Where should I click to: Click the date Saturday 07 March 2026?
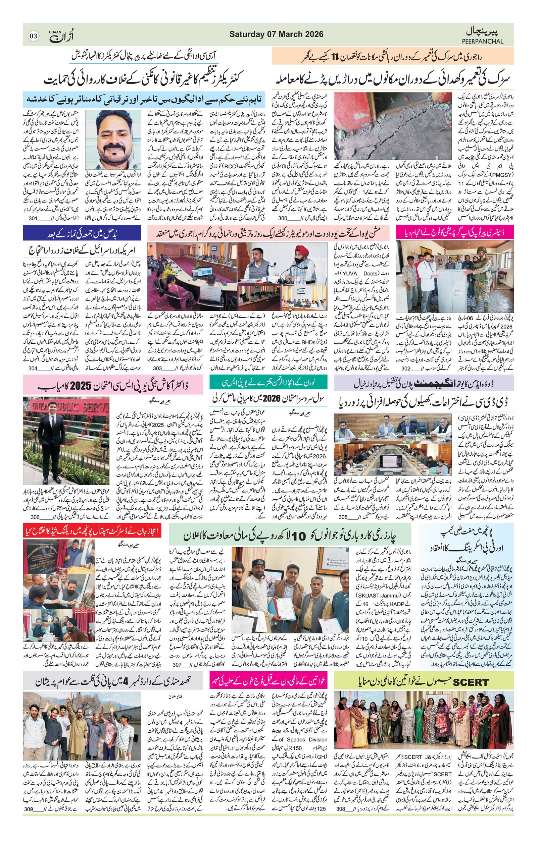(276, 34)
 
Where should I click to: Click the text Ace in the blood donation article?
(276, 731)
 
